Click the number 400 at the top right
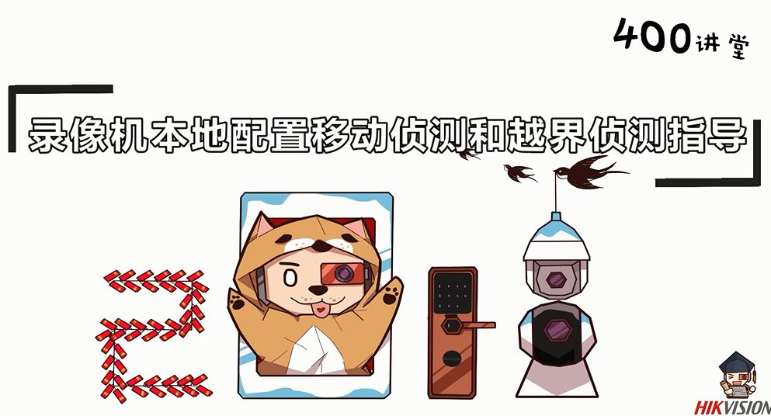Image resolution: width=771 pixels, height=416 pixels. [x=652, y=36]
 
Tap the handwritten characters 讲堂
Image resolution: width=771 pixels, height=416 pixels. [x=723, y=45]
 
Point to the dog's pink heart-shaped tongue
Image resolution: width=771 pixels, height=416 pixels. [x=321, y=310]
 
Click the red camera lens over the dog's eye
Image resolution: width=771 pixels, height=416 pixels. [x=342, y=273]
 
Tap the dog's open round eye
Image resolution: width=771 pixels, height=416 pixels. [x=290, y=279]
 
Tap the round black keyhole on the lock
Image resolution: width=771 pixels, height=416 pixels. [x=451, y=359]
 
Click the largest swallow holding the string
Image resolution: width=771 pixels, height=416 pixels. [x=587, y=172]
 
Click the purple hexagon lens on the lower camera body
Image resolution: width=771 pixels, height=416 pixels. [x=557, y=329]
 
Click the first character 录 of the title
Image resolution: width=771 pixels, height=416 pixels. [x=47, y=133]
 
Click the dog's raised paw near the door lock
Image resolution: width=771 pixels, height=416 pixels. [x=391, y=293]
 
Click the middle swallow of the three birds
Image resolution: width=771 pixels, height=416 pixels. [x=519, y=172]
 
